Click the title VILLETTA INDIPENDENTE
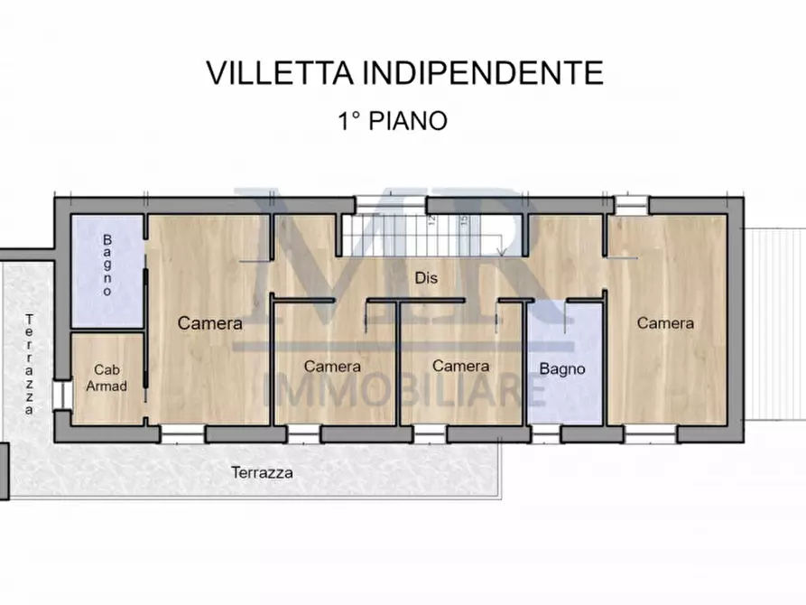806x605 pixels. pos(404,73)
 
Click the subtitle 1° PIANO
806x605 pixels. pos(393,121)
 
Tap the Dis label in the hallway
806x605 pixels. pos(426,278)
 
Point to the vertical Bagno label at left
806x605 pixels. pos(107,265)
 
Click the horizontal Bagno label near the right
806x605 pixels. pos(562,368)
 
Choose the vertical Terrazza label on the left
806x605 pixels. pos(30,364)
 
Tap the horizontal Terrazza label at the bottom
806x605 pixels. pos(262,472)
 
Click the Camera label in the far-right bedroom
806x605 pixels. pos(665,323)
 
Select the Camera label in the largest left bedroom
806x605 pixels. pos(209,323)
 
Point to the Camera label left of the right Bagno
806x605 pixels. pos(460,366)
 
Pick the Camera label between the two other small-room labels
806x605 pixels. pos(332,367)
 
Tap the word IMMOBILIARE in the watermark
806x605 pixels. pos(403,390)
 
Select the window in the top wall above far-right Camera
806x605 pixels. pos(632,205)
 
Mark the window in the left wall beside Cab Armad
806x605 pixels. pos(60,396)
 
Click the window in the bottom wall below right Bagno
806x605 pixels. pos(545,434)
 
